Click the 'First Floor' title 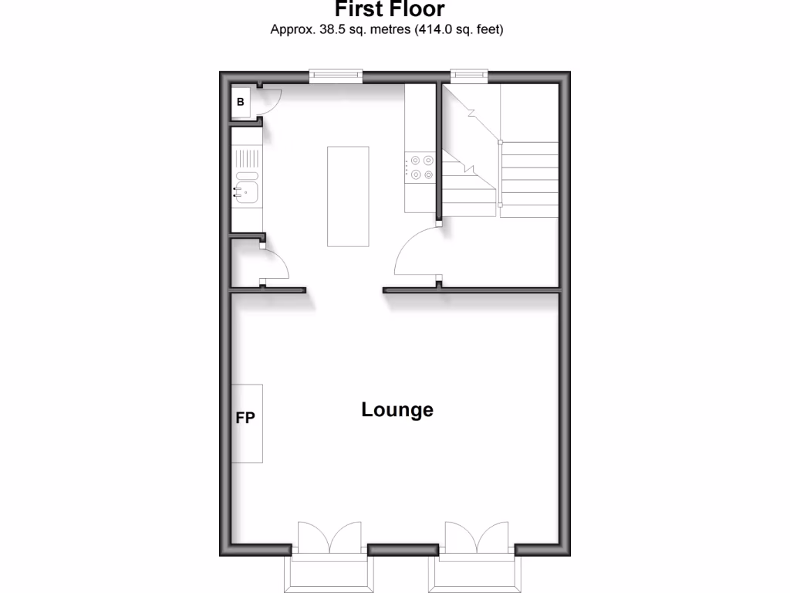pos(390,10)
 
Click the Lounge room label pos(397,410)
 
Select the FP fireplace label pos(245,418)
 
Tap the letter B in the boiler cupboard pos(240,101)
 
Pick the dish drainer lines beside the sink pos(246,161)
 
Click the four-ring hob pos(422,168)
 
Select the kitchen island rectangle pos(347,195)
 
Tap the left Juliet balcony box pos(329,574)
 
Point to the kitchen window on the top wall pos(336,75)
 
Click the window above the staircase pos(470,75)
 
